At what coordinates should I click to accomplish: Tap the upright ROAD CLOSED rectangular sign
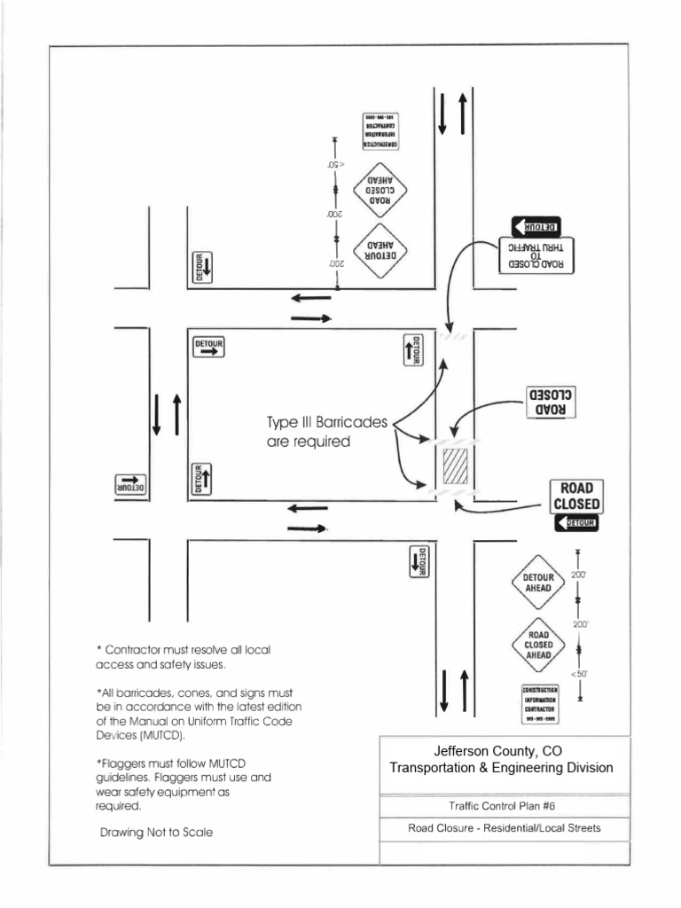click(x=576, y=497)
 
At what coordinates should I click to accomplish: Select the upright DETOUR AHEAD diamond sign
click(x=538, y=582)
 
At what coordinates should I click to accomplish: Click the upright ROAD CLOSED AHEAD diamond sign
click(x=538, y=646)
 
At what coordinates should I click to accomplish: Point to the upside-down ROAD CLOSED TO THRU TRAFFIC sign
click(x=537, y=254)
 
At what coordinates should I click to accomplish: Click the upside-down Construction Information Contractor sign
click(x=380, y=130)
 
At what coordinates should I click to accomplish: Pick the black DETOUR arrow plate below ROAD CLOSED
click(x=576, y=524)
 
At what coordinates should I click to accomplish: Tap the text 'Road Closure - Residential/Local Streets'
click(x=504, y=829)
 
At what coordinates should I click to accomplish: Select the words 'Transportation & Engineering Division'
click(x=502, y=768)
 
